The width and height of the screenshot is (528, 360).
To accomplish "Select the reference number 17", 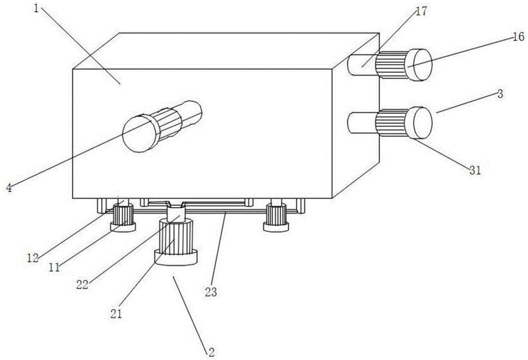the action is point(421,11).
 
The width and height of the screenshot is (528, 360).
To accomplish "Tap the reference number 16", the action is point(518,36).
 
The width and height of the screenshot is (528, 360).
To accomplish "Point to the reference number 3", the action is point(501,93).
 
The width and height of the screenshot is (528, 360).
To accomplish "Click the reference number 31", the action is point(475,170).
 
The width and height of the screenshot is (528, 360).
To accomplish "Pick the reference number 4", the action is point(9,187).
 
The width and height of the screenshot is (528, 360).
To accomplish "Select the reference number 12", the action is point(33,258).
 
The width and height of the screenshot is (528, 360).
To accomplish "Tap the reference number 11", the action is point(54,267).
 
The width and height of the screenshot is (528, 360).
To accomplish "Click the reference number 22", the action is point(82,285).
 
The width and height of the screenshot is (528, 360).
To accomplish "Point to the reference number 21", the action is point(116,314).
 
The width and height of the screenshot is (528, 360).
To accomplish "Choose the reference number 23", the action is point(211,291).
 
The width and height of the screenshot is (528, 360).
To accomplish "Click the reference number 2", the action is point(211,352).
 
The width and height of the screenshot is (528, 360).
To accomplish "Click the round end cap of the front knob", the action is point(140,134).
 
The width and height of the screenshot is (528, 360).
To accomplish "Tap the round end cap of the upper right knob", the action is point(420,64).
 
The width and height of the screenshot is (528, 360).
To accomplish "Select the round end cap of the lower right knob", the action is point(420,122).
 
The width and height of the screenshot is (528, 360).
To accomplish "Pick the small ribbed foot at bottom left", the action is point(123,217).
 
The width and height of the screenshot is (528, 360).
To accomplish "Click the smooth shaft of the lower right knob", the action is point(362,123).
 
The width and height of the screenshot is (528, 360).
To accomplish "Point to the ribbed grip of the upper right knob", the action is point(392,64).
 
